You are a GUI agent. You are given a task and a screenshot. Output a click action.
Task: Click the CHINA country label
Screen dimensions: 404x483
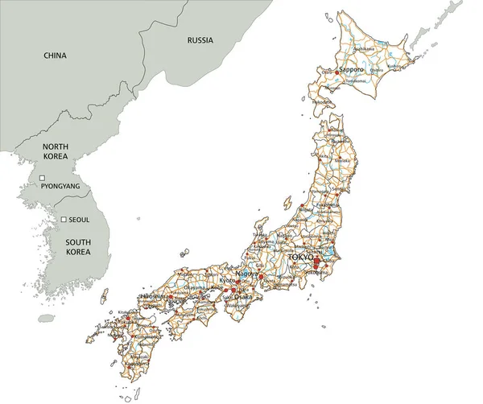pos(55,56)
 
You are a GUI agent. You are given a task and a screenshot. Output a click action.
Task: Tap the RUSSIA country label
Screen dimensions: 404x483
pos(200,39)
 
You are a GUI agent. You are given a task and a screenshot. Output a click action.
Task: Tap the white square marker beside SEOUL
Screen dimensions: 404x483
pos(63,219)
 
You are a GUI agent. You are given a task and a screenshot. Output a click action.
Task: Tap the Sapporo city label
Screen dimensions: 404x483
pos(352,70)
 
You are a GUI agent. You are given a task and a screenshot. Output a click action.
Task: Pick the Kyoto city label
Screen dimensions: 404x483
pos(229,280)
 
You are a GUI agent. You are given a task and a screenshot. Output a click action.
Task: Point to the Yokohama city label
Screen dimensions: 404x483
pos(316,272)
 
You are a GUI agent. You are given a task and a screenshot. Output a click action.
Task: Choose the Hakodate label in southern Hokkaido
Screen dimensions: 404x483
pos(322,102)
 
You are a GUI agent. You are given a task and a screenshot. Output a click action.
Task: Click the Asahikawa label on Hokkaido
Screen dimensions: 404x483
pos(364,49)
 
